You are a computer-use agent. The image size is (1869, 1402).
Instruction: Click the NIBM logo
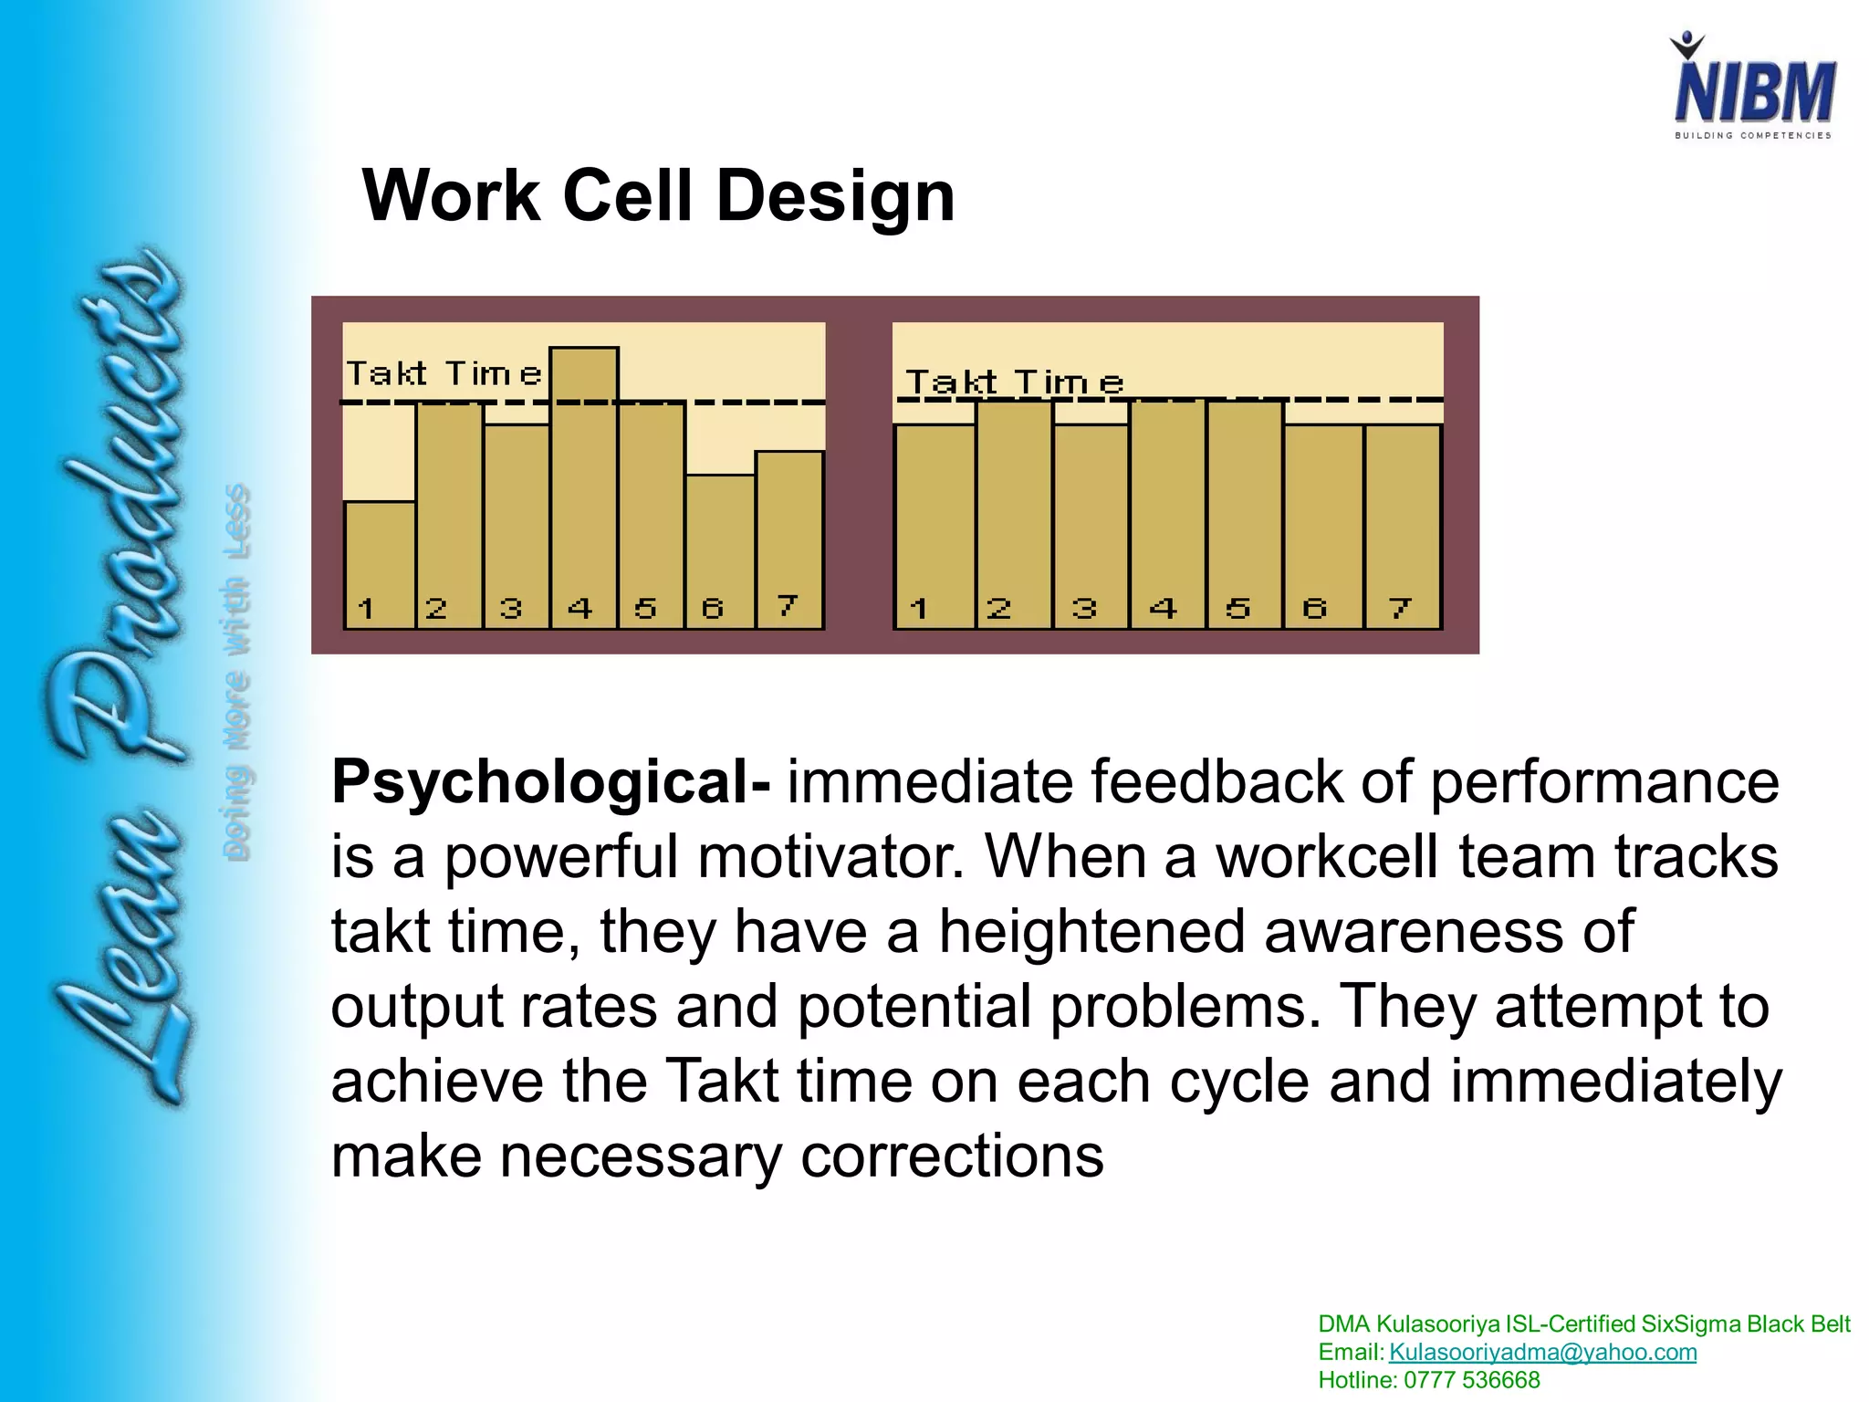pos(1753,89)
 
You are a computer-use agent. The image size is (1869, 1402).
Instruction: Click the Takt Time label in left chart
pos(444,374)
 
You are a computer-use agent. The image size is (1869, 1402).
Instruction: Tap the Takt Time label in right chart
pos(1013,382)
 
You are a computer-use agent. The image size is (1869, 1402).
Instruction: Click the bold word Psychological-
pos(550,782)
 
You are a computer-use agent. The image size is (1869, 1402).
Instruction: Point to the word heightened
pos(1091,932)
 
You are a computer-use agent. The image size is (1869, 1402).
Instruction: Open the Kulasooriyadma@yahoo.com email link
pos(1542,1352)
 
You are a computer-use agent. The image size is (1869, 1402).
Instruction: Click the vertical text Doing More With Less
pos(236,671)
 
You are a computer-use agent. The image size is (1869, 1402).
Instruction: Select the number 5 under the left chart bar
pos(645,608)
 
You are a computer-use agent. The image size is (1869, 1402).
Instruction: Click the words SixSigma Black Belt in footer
pos(1745,1324)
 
